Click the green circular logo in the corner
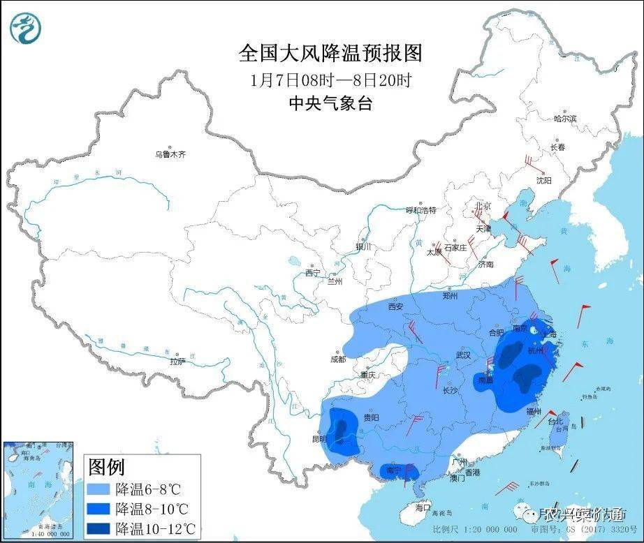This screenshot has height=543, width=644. (x=26, y=28)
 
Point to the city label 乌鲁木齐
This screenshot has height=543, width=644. (x=171, y=154)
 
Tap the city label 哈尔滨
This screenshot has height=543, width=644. (x=565, y=119)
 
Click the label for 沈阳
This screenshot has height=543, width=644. (x=543, y=180)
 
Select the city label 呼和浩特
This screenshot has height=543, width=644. (x=421, y=210)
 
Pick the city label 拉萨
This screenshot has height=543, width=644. (x=178, y=361)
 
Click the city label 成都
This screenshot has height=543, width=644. (x=337, y=359)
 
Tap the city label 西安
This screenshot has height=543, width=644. (x=396, y=306)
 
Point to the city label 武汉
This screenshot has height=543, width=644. (x=463, y=355)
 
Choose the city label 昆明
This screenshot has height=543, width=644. (x=319, y=439)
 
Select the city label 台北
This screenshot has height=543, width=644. (x=554, y=422)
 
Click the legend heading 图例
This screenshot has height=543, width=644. (x=105, y=466)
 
